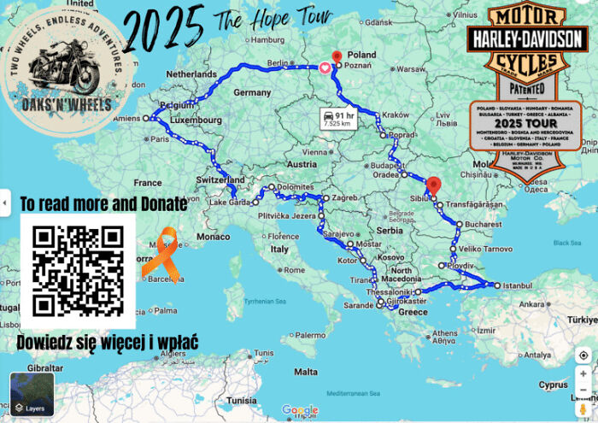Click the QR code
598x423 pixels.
78,270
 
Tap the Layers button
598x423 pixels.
32,395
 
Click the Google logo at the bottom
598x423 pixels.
299,411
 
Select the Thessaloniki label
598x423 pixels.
385,291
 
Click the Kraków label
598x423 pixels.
396,115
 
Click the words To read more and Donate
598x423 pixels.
103,203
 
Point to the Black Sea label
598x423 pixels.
566,242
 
